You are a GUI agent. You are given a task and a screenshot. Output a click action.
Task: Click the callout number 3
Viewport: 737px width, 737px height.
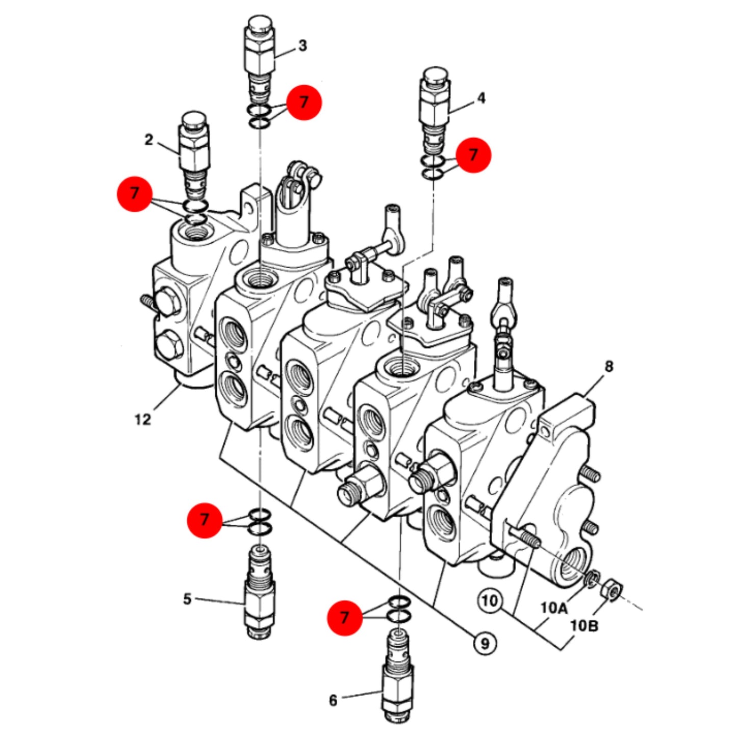coord(302,46)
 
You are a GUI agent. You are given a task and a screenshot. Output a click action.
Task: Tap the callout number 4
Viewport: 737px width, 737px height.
coord(481,98)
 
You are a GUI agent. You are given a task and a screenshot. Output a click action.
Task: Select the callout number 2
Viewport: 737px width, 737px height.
coord(148,140)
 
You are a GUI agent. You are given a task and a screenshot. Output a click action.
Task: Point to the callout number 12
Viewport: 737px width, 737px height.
coord(143,420)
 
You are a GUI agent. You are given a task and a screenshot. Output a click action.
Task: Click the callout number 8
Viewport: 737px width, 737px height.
coord(608,367)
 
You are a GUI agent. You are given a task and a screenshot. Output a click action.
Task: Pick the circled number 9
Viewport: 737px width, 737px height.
coord(485,644)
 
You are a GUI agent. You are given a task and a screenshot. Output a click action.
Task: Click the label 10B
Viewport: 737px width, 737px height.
coord(584,627)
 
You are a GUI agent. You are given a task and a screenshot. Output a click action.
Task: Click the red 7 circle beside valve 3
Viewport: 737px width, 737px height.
coord(304,103)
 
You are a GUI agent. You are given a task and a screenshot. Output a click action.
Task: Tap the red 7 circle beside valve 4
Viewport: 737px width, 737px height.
coord(473,155)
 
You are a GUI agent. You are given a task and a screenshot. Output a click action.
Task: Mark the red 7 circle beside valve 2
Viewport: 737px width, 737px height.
coord(134,193)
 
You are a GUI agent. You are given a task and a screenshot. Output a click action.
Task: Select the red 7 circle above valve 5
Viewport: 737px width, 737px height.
coord(204,520)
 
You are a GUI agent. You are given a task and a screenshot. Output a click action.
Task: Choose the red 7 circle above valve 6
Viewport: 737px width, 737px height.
coord(345,618)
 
